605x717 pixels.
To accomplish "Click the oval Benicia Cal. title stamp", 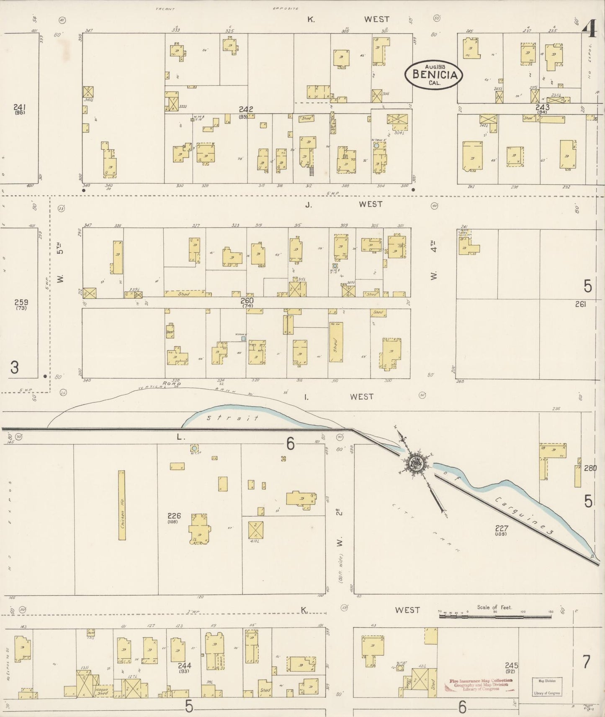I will (434, 74).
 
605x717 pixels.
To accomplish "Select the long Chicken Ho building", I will (122, 505).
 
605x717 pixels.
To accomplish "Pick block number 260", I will (247, 300).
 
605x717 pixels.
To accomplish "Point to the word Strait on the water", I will (232, 417).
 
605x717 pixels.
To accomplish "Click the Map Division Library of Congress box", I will (547, 687).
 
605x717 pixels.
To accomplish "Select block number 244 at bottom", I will (184, 666).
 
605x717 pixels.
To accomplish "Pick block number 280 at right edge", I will (590, 468).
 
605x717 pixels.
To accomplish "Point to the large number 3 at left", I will (15, 368).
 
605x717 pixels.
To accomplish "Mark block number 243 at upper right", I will (542, 108).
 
